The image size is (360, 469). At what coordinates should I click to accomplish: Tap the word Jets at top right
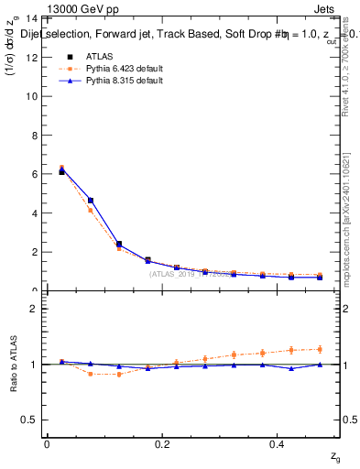pyautogui.click(x=326, y=9)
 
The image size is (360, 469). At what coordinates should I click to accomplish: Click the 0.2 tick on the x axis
pyautogui.click(x=163, y=443)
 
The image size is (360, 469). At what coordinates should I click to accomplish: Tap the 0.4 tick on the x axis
pyautogui.click(x=278, y=443)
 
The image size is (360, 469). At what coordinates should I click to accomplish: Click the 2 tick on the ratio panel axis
pyautogui.click(x=33, y=309)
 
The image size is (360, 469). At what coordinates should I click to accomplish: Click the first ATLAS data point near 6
pyautogui.click(x=61, y=171)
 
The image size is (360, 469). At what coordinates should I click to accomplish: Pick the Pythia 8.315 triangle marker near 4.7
pyautogui.click(x=90, y=200)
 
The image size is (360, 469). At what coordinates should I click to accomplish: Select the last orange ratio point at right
pyautogui.click(x=319, y=349)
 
